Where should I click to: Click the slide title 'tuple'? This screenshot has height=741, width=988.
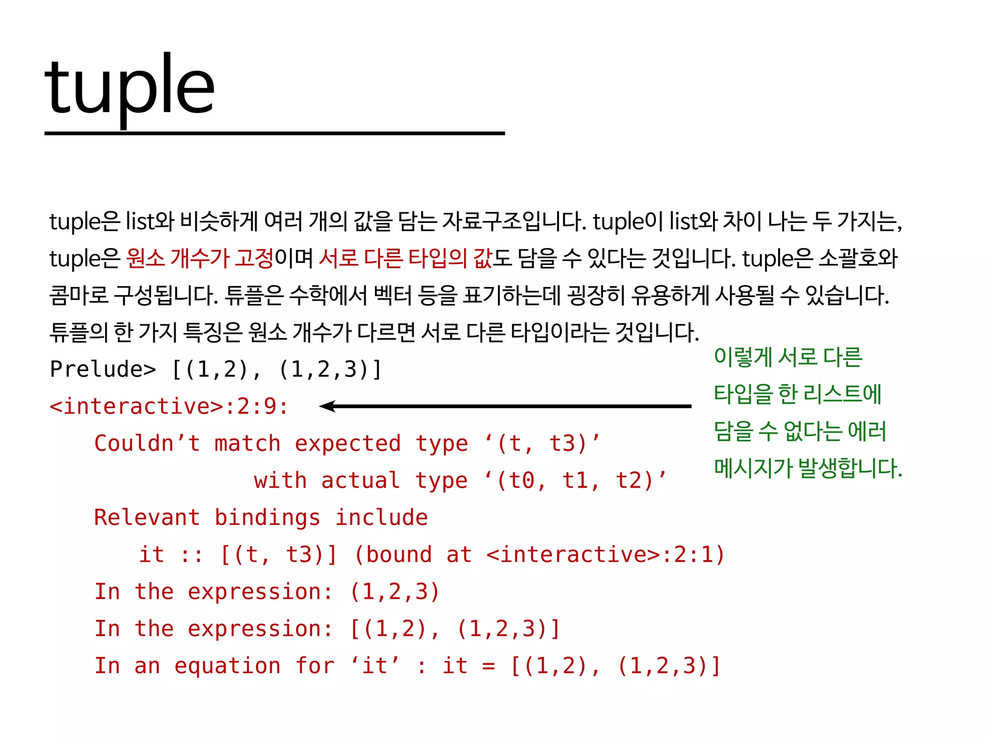coord(129,87)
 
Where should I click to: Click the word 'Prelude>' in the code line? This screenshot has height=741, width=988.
coord(103,370)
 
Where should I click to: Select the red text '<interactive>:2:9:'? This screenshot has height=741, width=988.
coord(169,406)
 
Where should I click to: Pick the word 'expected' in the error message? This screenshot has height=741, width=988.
coord(347,443)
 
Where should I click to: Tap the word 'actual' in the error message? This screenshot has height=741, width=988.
coord(360,480)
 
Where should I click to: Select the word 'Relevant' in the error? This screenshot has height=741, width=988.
coord(147,518)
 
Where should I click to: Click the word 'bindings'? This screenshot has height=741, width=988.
coord(267,518)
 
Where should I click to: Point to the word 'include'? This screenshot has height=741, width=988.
coord(381,518)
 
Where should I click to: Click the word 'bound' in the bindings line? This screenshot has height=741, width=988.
coord(398,555)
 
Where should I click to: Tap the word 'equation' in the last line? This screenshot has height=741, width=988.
coord(227,666)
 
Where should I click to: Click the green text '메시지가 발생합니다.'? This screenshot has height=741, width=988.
coord(808,468)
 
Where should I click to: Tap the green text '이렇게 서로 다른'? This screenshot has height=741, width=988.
coord(788,357)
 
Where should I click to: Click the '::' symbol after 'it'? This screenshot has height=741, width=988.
coord(192,555)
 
